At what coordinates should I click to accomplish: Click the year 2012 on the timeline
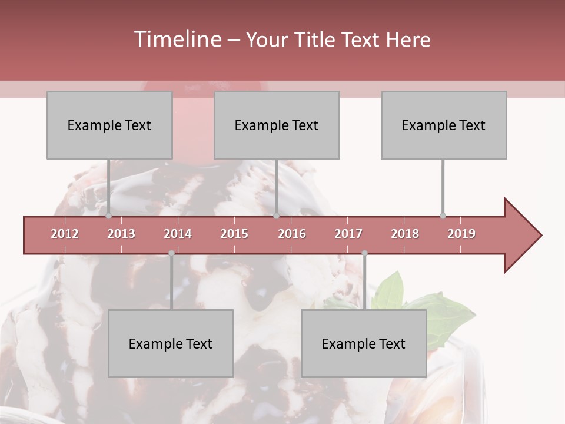coord(65,234)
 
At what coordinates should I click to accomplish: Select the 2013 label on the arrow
coord(121,234)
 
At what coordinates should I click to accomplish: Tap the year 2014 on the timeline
coord(178,234)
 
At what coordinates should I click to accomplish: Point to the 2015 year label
coord(234,234)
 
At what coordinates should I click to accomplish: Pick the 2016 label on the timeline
coord(292,234)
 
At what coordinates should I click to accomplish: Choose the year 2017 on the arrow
coord(348,234)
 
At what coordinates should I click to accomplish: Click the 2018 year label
coord(405,234)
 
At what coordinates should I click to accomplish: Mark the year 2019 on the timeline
coord(461,234)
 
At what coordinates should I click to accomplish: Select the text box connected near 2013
coord(109,125)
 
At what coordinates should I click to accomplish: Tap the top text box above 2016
coord(277,125)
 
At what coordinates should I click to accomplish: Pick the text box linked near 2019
coord(444,125)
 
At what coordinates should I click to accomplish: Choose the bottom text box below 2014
coord(171,343)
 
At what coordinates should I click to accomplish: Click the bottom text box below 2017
coord(364,343)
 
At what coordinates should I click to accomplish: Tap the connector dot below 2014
coord(171,253)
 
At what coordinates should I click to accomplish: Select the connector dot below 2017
coord(364,253)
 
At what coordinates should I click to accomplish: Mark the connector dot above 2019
coord(443,216)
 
